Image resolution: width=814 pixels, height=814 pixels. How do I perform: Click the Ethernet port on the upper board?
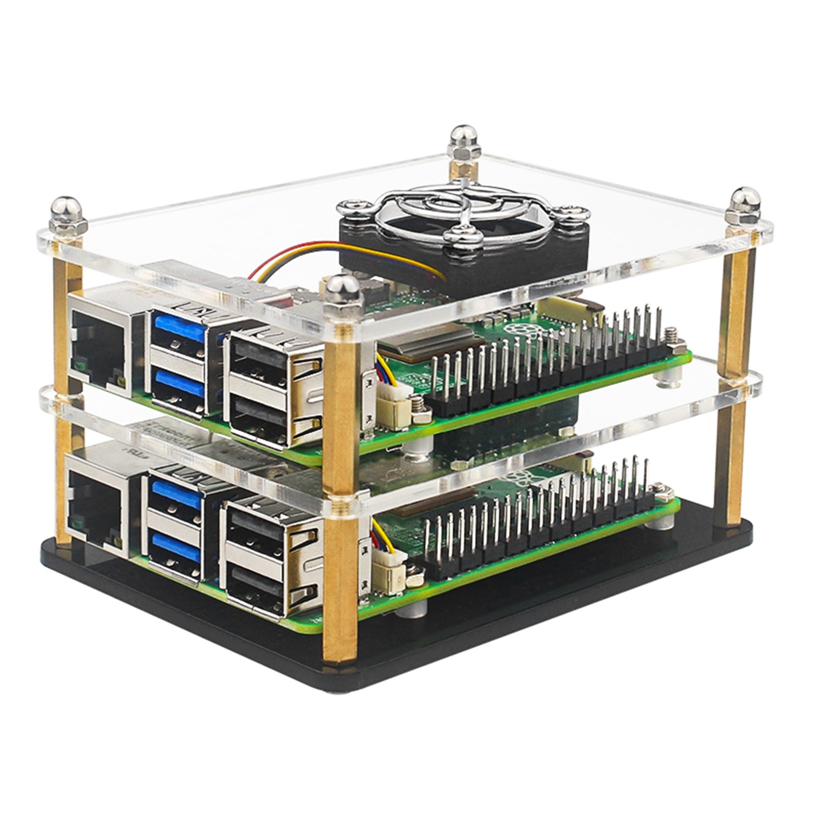[x=97, y=338]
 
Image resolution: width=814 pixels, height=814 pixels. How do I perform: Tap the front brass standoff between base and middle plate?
[x=338, y=580]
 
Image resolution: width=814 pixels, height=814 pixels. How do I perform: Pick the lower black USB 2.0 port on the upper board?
[x=259, y=412]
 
